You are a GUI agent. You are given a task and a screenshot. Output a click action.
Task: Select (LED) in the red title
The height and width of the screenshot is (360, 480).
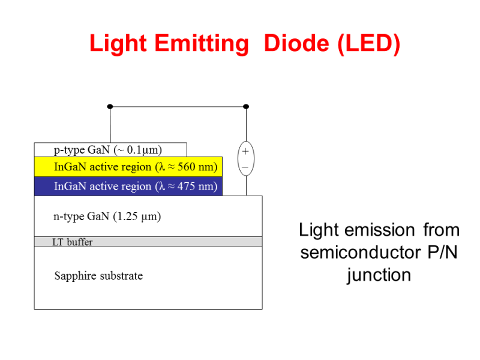point(368,44)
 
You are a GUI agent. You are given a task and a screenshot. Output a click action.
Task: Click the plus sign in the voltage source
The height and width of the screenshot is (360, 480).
point(245,152)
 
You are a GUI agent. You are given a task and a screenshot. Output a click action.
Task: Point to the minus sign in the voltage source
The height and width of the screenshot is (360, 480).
point(245,166)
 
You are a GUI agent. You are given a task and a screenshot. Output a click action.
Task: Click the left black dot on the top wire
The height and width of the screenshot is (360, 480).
point(110,107)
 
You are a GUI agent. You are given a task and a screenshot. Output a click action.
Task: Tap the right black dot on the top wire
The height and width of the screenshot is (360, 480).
point(246,107)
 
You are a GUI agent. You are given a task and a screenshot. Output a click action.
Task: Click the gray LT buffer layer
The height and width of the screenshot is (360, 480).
point(180,242)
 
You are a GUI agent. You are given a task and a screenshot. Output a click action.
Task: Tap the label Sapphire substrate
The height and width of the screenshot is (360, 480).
point(98,276)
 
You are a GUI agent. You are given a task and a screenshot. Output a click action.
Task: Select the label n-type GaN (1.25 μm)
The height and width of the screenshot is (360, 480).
point(107,217)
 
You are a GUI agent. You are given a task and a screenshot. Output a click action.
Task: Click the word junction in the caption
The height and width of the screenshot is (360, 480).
point(379,275)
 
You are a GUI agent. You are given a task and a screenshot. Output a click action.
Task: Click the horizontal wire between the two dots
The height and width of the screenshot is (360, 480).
point(178,107)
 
